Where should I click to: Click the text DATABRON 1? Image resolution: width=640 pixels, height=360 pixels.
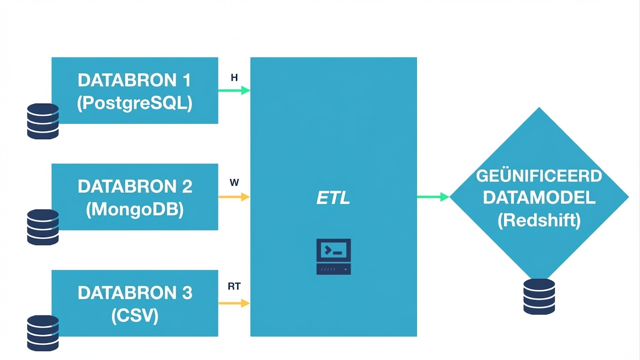134,80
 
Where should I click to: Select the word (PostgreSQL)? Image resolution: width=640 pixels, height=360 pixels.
135,103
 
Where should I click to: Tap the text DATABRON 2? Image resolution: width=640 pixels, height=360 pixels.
135,186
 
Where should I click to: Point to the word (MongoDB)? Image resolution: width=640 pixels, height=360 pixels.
135,209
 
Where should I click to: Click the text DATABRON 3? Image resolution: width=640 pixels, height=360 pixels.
135,292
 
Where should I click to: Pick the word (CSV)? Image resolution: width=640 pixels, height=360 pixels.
135,315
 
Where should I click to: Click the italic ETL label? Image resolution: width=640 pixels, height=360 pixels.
333,198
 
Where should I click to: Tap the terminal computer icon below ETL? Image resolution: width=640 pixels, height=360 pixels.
333,256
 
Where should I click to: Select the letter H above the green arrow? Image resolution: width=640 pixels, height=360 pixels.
234,78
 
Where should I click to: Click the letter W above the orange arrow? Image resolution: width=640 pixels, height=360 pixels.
234,183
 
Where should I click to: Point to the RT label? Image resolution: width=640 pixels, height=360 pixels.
234,286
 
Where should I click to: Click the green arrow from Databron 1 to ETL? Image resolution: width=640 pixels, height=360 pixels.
234,90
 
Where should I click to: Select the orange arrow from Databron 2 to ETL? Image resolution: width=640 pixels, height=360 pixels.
234,197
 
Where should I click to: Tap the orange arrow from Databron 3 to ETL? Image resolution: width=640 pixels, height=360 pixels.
234,303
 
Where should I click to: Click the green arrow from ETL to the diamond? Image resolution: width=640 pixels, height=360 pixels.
433,197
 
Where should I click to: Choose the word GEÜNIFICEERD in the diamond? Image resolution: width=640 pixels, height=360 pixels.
539,176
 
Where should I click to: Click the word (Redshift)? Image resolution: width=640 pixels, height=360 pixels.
539,220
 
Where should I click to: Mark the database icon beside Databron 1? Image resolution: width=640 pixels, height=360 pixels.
43,121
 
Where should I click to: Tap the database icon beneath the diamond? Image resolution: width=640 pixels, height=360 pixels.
539,296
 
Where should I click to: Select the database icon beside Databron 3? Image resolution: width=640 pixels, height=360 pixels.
43,333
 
